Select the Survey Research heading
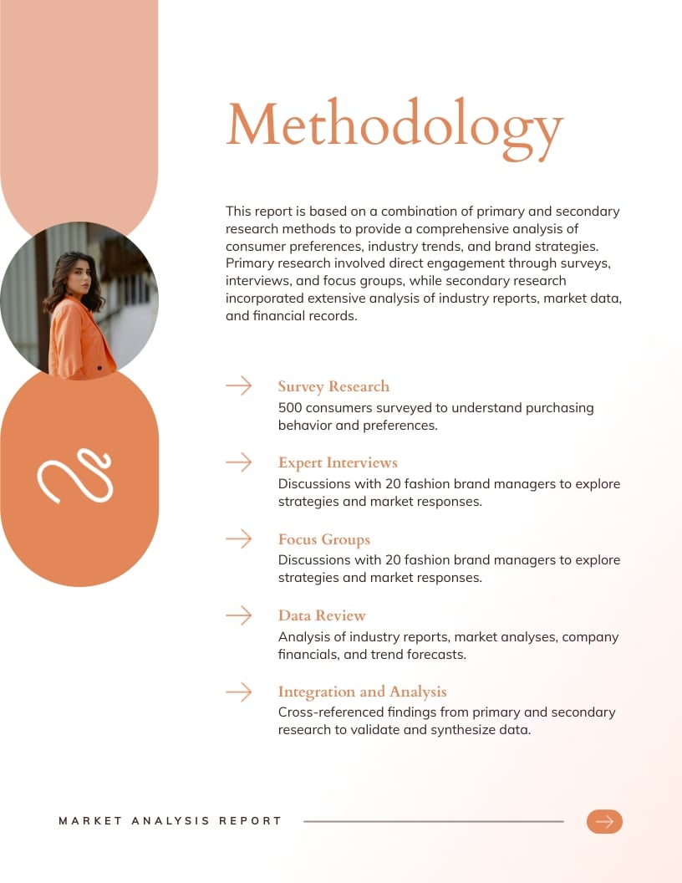click(x=333, y=386)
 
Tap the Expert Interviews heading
click(x=338, y=462)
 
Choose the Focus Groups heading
click(x=323, y=539)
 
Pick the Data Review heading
click(x=322, y=615)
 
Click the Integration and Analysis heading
click(x=362, y=692)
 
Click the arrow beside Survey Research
click(x=239, y=385)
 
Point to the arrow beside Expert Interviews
click(x=239, y=462)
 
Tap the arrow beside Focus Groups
click(x=239, y=539)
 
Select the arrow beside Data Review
click(x=239, y=615)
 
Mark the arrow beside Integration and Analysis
click(x=239, y=692)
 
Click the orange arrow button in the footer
click(x=604, y=821)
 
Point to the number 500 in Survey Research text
click(x=292, y=408)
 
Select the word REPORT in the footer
click(x=251, y=821)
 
